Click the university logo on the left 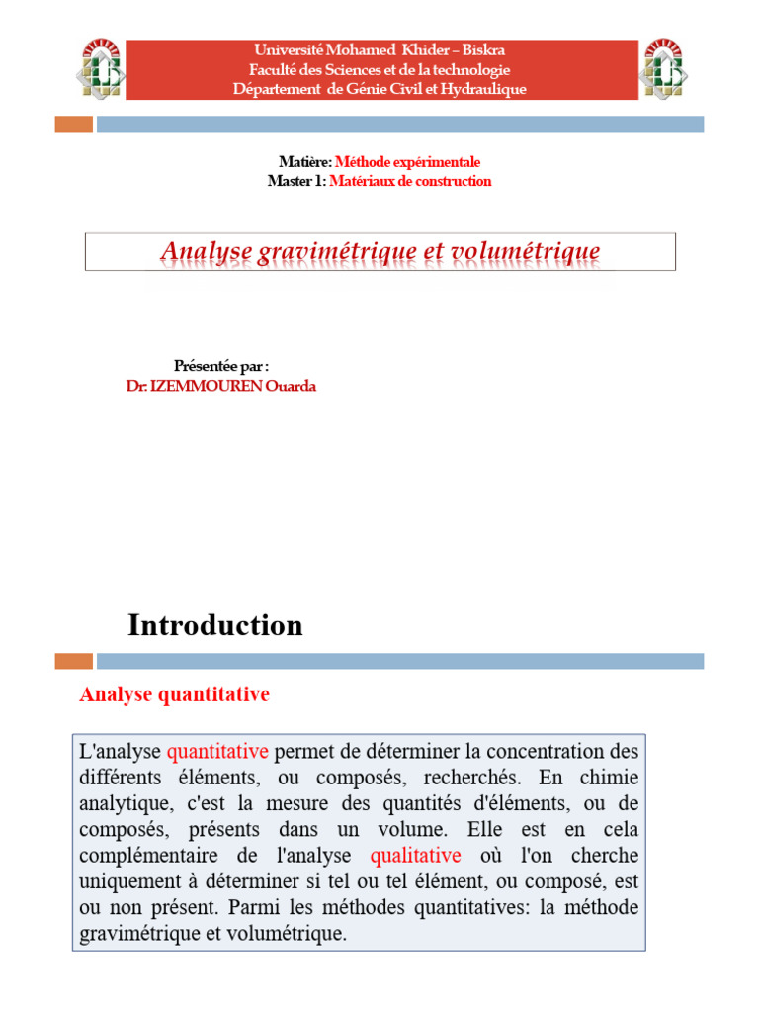coord(101,68)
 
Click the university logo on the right coord(663,68)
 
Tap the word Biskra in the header coord(482,49)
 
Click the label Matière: coord(306,162)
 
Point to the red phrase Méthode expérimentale coord(408,162)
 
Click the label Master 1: coord(296,181)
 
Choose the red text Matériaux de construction coord(410,181)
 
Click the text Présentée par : coord(221,367)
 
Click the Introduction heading coord(215,625)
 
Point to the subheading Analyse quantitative coord(174,695)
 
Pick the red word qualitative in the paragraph coord(415,856)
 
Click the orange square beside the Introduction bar coord(73,661)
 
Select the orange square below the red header coord(73,124)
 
